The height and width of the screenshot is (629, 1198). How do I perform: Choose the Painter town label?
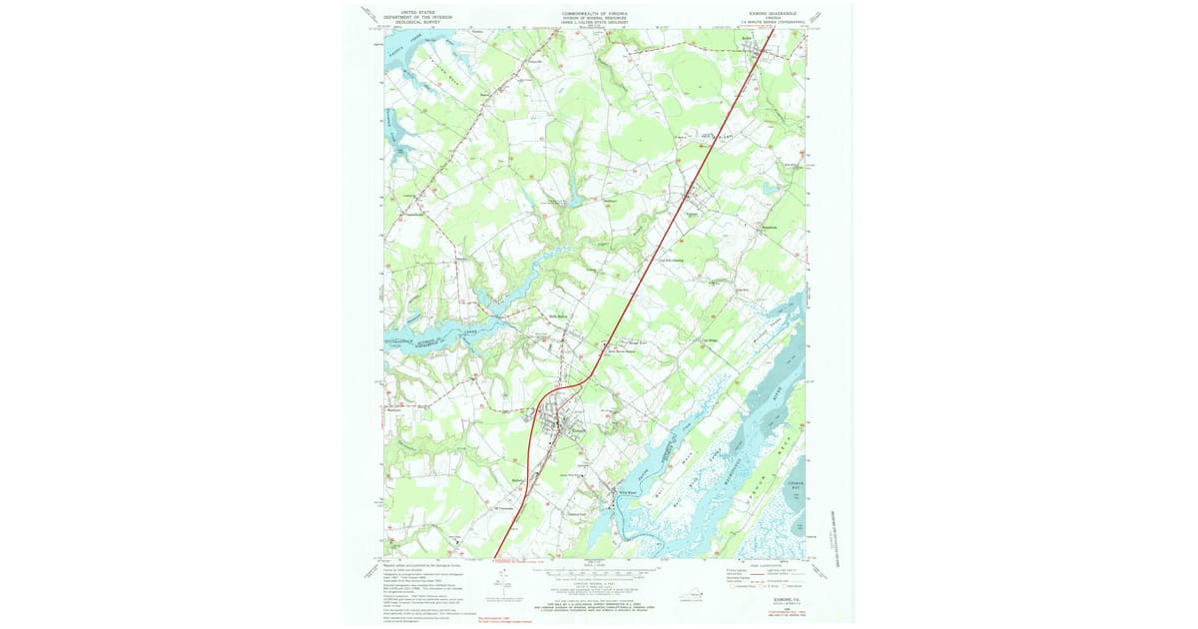[x=692, y=215]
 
